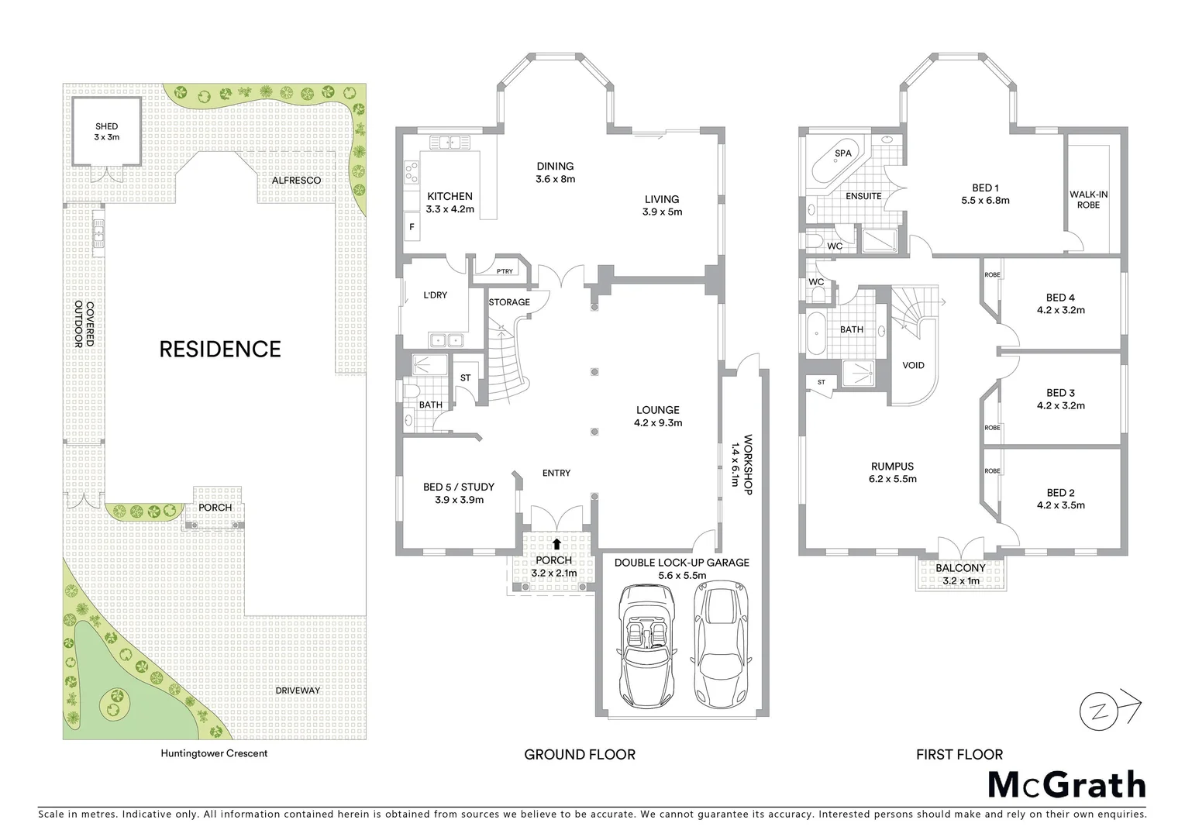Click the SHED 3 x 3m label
point(107,132)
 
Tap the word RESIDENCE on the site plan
point(219,349)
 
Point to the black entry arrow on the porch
point(556,544)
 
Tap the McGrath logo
point(1066,784)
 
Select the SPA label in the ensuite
point(843,153)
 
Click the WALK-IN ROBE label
point(1088,200)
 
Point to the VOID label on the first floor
point(913,365)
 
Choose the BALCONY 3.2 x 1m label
point(960,574)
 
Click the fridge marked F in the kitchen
point(412,227)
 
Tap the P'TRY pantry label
point(505,271)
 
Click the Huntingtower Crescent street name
point(214,753)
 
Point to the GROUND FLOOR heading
point(579,754)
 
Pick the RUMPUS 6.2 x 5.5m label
point(893,473)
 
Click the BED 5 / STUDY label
point(458,493)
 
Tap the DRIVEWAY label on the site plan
point(298,691)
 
